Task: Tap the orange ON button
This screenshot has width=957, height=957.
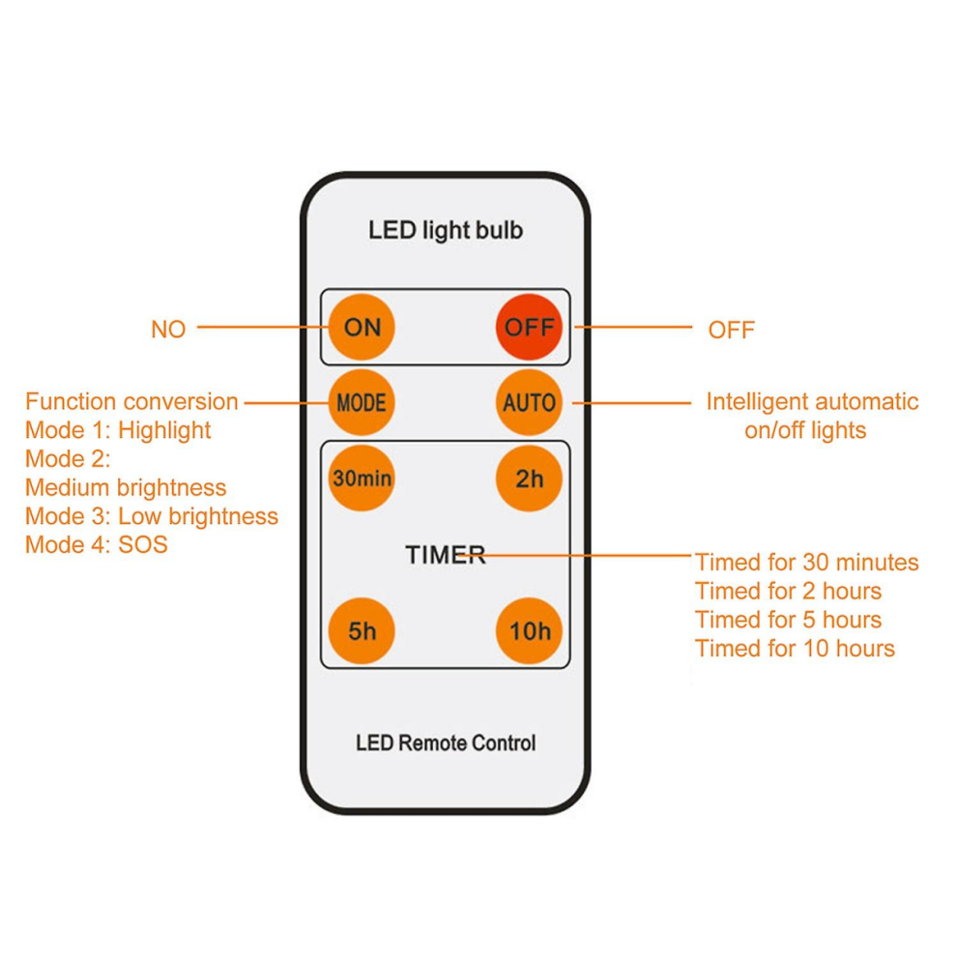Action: click(362, 327)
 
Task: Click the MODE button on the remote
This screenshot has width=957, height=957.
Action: click(362, 403)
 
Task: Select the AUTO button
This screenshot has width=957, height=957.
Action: click(529, 403)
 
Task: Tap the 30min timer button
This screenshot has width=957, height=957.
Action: click(362, 478)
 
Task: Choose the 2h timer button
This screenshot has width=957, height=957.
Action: click(529, 478)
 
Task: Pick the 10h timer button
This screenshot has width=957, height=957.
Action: click(529, 630)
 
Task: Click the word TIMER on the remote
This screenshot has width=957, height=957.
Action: click(446, 555)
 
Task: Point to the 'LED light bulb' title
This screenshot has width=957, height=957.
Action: click(446, 230)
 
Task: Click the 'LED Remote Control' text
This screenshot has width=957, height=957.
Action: click(446, 742)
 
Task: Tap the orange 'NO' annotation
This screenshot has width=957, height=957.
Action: click(168, 330)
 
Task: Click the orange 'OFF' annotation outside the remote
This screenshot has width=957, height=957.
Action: click(731, 331)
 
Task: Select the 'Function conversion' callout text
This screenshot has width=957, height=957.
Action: click(131, 401)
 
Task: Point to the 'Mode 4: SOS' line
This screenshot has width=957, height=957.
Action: click(97, 544)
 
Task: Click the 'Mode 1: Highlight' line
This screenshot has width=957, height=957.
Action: click(118, 430)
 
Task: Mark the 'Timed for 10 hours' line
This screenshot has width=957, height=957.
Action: click(795, 649)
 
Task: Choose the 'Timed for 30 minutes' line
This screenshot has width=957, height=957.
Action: click(807, 562)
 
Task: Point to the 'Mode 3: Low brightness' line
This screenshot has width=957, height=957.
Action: click(152, 516)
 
